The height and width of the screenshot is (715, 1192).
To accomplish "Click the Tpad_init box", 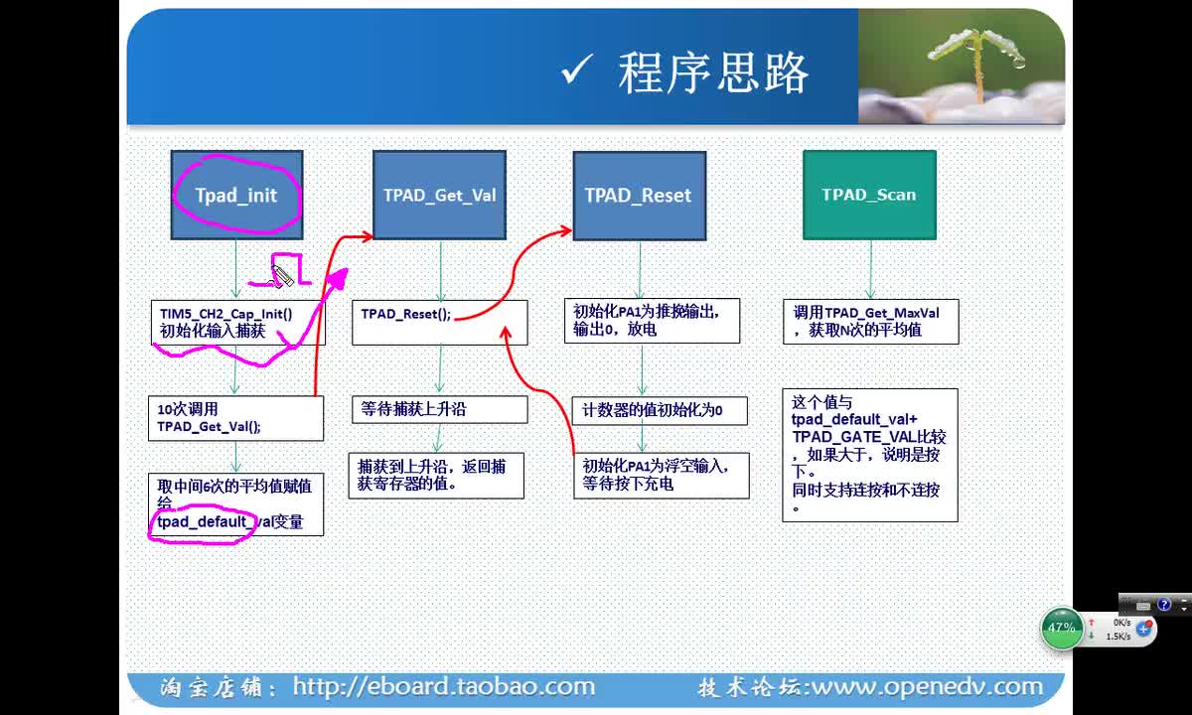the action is [x=236, y=195].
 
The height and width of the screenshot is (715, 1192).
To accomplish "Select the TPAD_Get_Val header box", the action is [x=439, y=195].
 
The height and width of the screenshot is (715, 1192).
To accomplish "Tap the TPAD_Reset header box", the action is [x=640, y=196].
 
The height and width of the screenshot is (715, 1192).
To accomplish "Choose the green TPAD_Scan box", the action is [x=869, y=195].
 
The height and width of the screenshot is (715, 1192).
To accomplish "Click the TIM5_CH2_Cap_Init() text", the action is [x=226, y=314].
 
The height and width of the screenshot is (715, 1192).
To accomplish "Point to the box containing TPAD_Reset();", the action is [x=440, y=323].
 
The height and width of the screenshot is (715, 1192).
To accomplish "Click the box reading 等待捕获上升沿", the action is [x=440, y=409].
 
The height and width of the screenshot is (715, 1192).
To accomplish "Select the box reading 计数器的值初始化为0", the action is [x=660, y=411].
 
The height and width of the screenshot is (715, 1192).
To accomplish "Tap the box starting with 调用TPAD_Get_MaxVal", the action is [x=871, y=322].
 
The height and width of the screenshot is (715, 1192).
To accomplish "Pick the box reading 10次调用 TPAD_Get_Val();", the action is [x=235, y=418].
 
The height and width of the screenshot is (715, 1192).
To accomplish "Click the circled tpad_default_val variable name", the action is [x=203, y=522].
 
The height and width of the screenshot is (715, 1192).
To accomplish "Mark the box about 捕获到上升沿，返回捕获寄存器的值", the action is [x=436, y=476].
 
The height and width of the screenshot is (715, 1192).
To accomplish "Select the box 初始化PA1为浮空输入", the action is [x=662, y=476].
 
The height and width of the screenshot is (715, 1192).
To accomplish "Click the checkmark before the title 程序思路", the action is [x=577, y=70].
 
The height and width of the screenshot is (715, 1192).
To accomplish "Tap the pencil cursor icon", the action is [x=282, y=276].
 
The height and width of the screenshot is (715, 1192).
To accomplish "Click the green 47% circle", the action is [x=1062, y=629].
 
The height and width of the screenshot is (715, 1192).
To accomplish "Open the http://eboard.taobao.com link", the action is [x=444, y=687].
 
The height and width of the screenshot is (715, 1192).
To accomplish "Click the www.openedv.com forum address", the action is [x=928, y=687].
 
